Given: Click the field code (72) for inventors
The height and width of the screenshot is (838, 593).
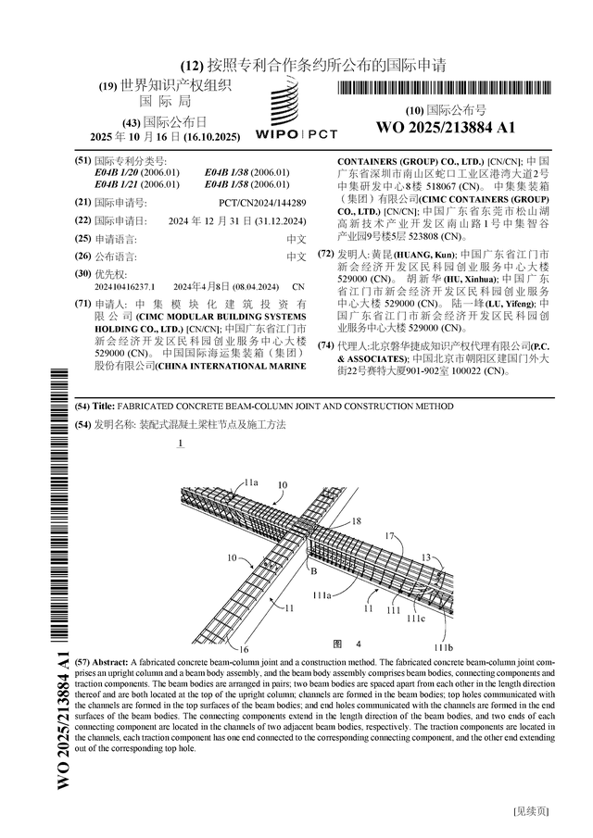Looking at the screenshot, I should click(325, 254).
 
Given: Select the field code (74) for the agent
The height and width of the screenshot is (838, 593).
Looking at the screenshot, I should click(325, 345).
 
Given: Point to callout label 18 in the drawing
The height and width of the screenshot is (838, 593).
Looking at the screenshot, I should click(357, 522).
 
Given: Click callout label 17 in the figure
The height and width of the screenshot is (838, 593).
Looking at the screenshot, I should click(390, 535).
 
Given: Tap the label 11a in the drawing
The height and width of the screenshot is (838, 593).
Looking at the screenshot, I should click(251, 482).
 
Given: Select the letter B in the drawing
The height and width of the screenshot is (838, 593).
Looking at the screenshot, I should click(300, 571).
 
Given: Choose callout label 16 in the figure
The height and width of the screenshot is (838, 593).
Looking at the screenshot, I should click(245, 649).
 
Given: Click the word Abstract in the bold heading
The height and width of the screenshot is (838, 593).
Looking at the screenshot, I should click(111, 663).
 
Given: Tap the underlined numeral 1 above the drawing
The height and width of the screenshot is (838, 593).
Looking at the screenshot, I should click(179, 444).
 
